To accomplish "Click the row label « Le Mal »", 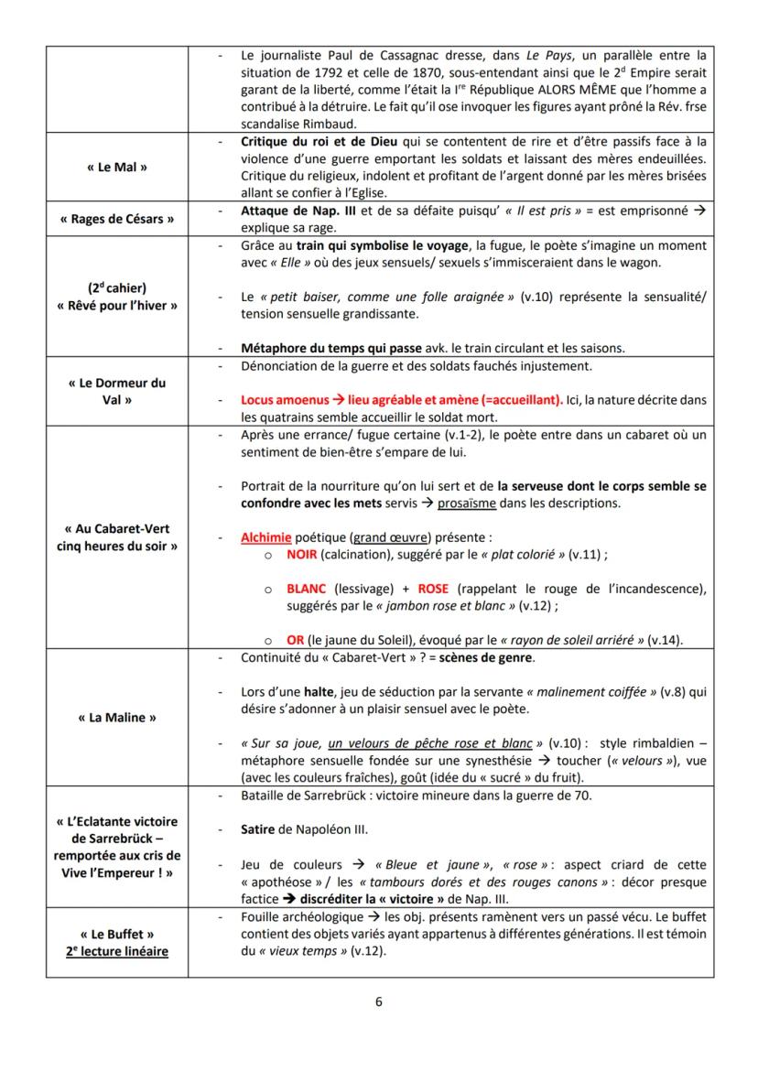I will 117,168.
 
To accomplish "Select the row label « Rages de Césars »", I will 117,219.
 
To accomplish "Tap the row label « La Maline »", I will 117,717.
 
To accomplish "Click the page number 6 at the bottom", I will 379,1001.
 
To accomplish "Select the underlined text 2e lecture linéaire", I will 117,949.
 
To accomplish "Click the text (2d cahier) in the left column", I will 117,287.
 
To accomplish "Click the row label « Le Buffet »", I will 117,933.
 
